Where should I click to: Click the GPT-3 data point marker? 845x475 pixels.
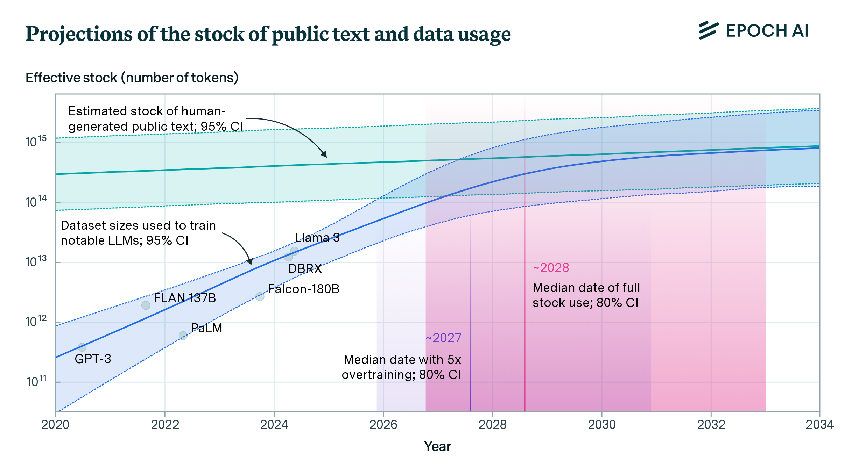click(x=82, y=347)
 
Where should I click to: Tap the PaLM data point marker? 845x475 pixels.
click(x=183, y=336)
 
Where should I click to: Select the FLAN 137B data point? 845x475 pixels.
click(x=146, y=305)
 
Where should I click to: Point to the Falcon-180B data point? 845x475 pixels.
click(x=260, y=296)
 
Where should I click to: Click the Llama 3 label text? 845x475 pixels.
click(x=317, y=238)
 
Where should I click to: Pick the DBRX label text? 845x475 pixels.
click(x=305, y=269)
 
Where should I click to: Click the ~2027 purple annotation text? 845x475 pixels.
click(x=443, y=338)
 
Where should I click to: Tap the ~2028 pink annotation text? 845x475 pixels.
click(x=551, y=268)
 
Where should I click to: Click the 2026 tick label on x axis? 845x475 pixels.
click(x=383, y=425)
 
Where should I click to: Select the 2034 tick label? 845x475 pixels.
click(x=819, y=425)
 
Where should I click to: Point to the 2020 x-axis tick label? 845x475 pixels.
click(x=55, y=425)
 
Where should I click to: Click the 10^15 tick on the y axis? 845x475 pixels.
click(x=36, y=142)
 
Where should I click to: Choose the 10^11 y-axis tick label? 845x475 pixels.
click(x=36, y=381)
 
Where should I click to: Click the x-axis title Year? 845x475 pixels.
click(x=437, y=447)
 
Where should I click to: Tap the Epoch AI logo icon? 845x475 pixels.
click(x=709, y=31)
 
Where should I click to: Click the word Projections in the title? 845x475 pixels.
click(x=79, y=34)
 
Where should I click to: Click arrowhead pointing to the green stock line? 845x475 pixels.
click(x=324, y=154)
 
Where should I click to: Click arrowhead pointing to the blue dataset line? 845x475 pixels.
click(x=250, y=262)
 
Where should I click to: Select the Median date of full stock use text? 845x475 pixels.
click(x=586, y=295)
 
